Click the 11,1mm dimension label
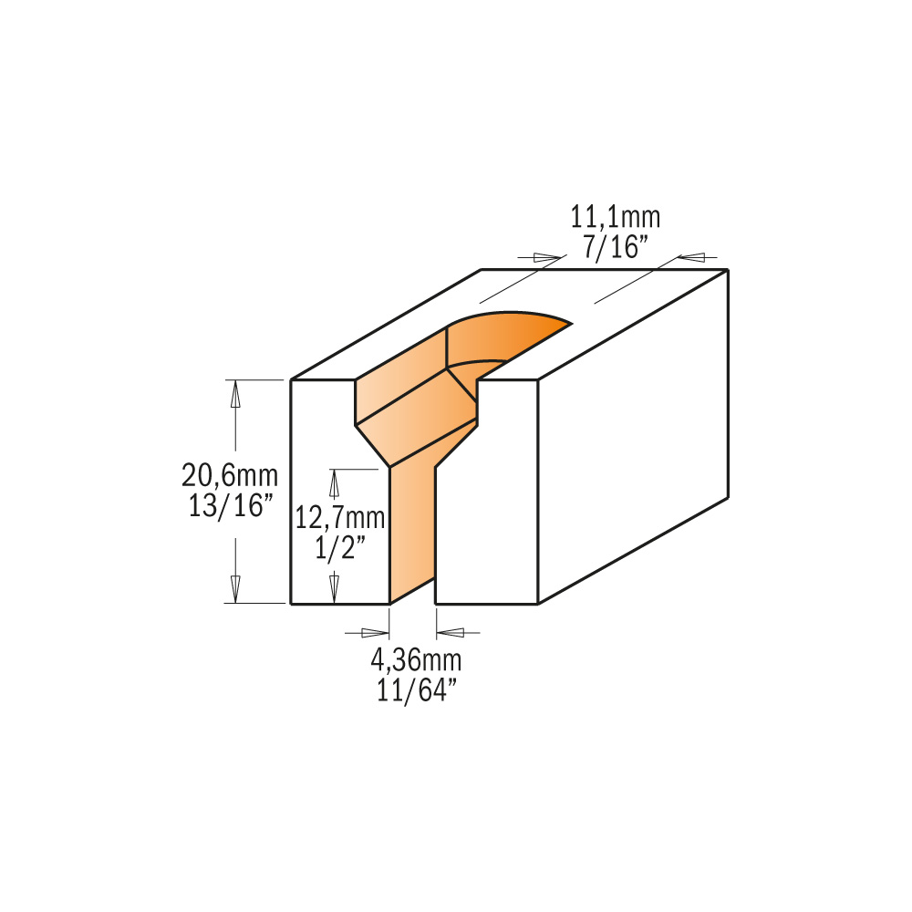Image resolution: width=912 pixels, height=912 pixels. pos(615,218)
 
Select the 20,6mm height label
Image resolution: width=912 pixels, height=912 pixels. pos(230,475)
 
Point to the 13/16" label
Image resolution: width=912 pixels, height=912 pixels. pos(230,505)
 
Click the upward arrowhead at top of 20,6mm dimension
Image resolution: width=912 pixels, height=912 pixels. pos(235,393)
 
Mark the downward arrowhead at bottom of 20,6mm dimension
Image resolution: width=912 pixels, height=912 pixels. pos(235,588)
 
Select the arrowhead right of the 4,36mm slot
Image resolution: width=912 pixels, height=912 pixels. pos(452,632)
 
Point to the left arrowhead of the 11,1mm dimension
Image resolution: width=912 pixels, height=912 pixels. pos(546,258)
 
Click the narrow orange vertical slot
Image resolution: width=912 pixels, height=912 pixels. pos(411,538)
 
